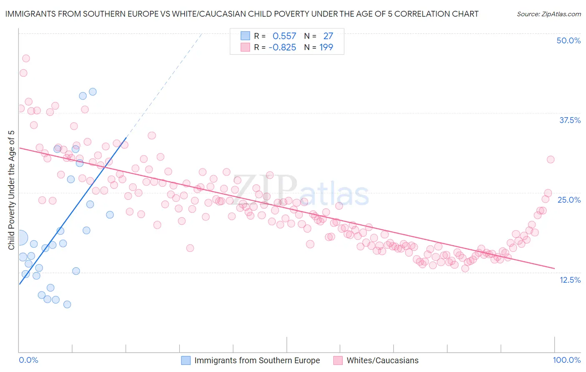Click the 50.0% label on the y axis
[x=568, y=40]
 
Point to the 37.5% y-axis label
[x=570, y=120]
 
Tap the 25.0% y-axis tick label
[x=569, y=200]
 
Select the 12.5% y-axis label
[x=570, y=280]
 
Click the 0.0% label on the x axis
[x=28, y=360]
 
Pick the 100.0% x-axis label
[x=566, y=360]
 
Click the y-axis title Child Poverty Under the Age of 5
[x=11, y=190]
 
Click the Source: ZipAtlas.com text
[x=548, y=14]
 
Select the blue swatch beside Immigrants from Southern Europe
[x=186, y=360]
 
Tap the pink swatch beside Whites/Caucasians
[x=338, y=360]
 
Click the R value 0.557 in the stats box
[x=284, y=36]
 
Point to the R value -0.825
[x=282, y=47]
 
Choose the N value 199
[x=326, y=47]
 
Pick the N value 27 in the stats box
[x=328, y=36]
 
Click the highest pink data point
[x=26, y=58]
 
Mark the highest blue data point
[x=93, y=92]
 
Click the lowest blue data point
[x=67, y=304]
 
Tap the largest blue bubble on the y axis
[x=20, y=238]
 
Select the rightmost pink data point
[x=551, y=159]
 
